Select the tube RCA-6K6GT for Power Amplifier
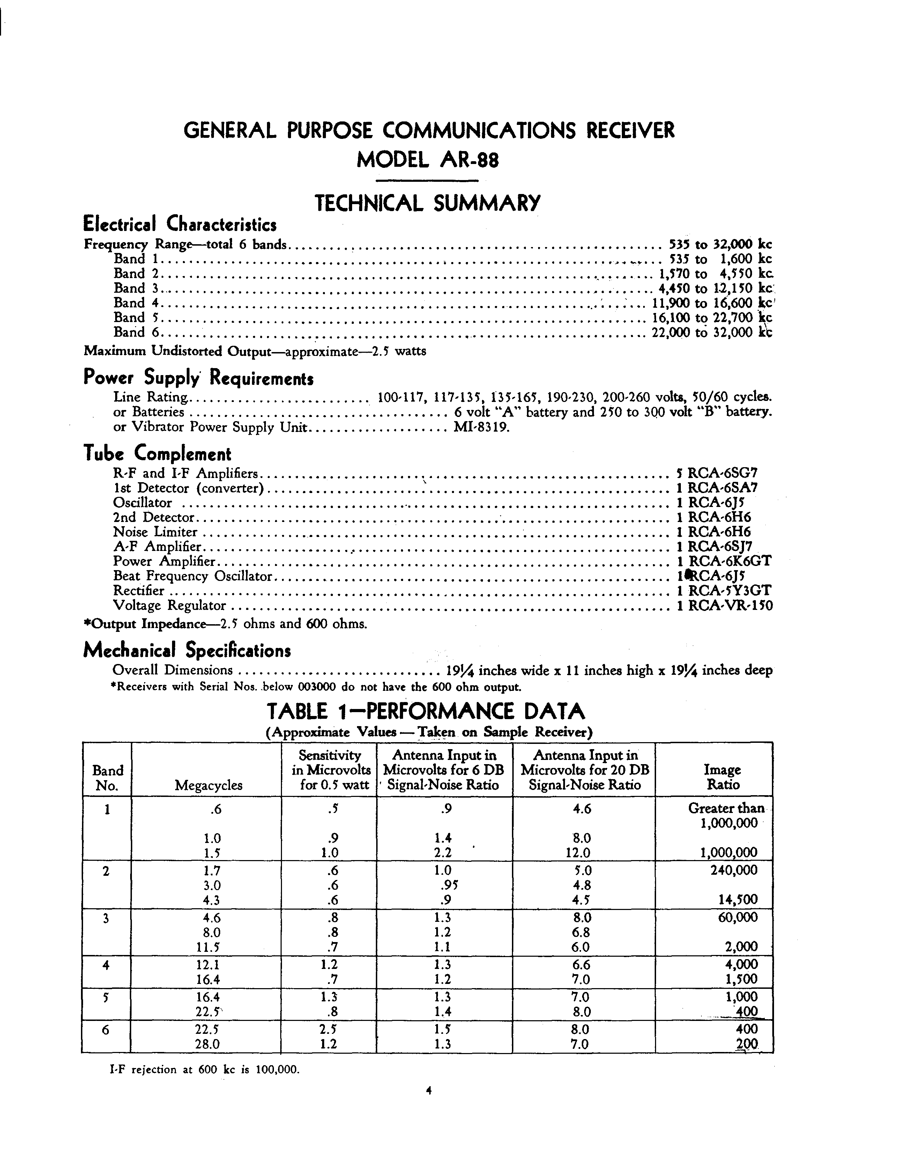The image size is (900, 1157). [x=729, y=561]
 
